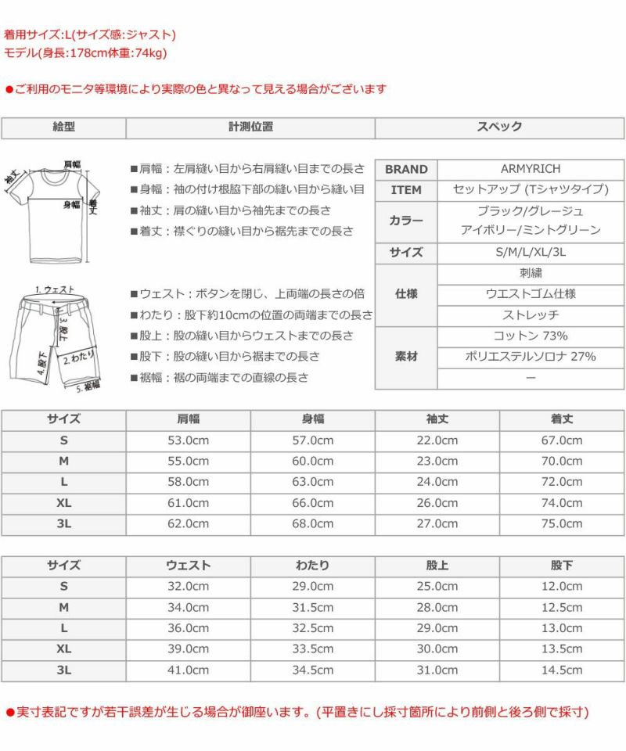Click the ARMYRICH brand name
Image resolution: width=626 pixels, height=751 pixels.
point(531,169)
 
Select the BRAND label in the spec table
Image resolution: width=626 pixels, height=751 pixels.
point(406,169)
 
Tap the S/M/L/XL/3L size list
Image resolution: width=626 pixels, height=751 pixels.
point(531,253)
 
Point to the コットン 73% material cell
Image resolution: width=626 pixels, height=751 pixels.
point(531,336)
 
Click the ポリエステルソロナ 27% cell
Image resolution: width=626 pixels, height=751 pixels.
point(531,357)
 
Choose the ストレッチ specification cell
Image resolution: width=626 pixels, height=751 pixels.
point(531,315)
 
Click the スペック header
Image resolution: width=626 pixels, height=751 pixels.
point(499,127)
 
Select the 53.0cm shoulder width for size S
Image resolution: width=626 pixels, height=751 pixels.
point(189,440)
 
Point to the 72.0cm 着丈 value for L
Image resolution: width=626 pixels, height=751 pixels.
point(562,482)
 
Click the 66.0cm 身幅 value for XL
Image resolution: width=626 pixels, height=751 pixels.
point(313,503)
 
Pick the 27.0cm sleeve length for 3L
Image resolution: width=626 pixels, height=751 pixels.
point(437,523)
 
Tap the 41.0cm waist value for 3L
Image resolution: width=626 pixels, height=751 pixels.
point(189,670)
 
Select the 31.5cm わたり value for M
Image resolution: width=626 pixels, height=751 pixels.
point(313,607)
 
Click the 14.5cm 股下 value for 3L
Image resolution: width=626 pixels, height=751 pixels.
point(562,670)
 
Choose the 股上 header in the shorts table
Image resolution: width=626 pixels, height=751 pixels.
point(437,565)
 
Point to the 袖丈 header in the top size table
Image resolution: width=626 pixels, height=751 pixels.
point(437,419)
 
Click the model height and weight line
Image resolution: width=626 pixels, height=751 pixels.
point(86,53)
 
